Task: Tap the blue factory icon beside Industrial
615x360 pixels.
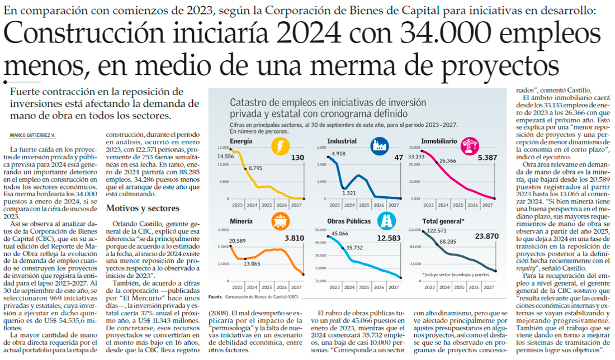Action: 379,146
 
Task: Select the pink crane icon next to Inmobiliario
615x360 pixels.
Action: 469,146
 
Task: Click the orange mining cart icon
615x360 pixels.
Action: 279,221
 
